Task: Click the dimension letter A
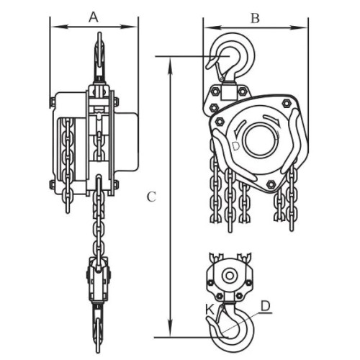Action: pos(94,17)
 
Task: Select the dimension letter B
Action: pos(255,18)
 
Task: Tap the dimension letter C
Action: pos(151,197)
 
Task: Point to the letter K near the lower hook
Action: pos(210,310)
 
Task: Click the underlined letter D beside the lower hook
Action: pos(266,306)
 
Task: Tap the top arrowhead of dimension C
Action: pos(170,66)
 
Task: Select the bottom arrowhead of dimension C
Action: pos(170,328)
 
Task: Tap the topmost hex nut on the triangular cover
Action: pos(286,103)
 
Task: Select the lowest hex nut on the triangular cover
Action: pos(271,184)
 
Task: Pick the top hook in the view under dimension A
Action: pos(99,58)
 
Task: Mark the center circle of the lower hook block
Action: pos(230,276)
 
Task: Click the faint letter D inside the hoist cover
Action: pos(236,146)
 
